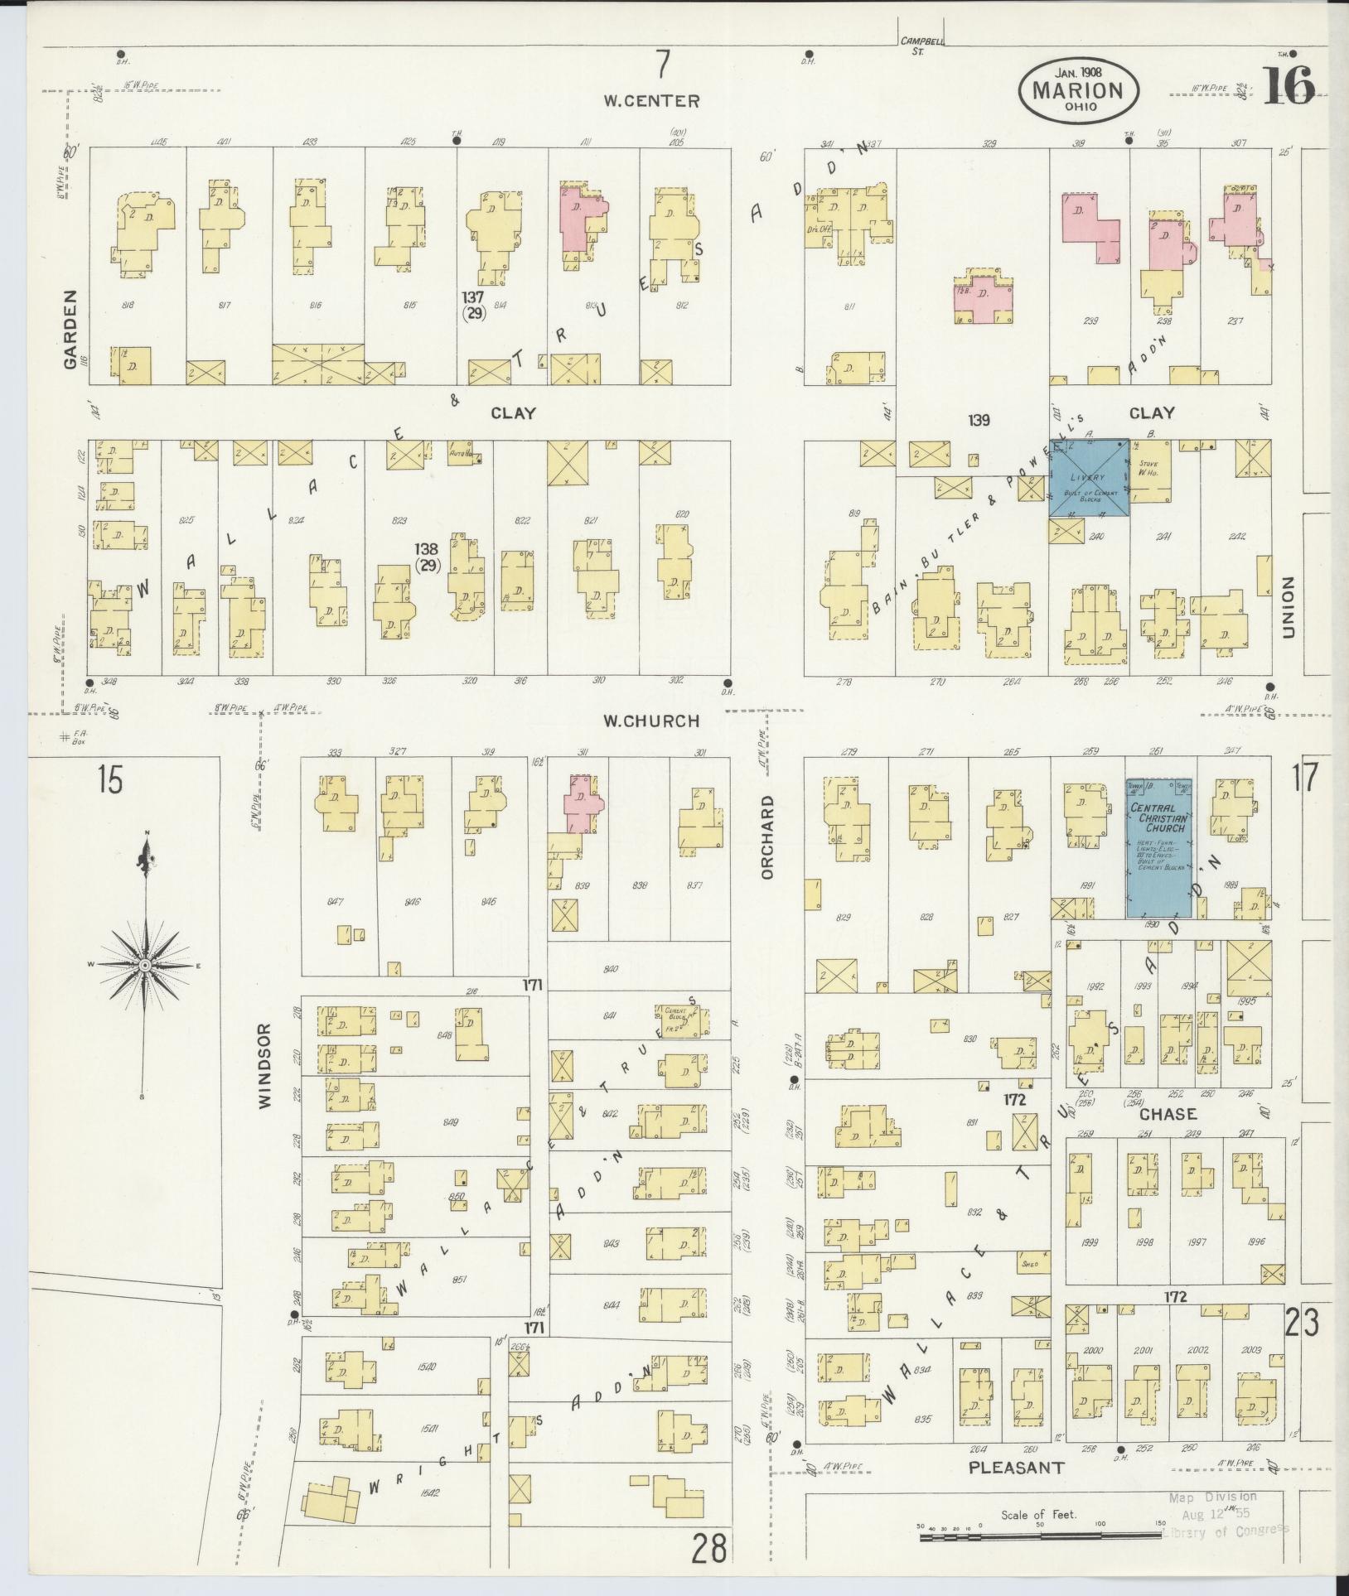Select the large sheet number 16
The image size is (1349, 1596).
(1289, 85)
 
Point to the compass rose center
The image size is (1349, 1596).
(144, 966)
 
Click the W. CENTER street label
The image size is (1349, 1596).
(651, 101)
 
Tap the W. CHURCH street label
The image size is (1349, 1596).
(651, 721)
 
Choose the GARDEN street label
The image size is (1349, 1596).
(70, 329)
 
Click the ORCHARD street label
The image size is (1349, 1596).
(766, 837)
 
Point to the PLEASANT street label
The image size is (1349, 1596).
(1016, 1468)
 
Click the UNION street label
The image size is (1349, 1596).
(1287, 607)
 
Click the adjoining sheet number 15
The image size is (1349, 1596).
(109, 780)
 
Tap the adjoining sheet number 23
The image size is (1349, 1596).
(1303, 1325)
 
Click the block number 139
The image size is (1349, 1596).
(979, 421)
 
